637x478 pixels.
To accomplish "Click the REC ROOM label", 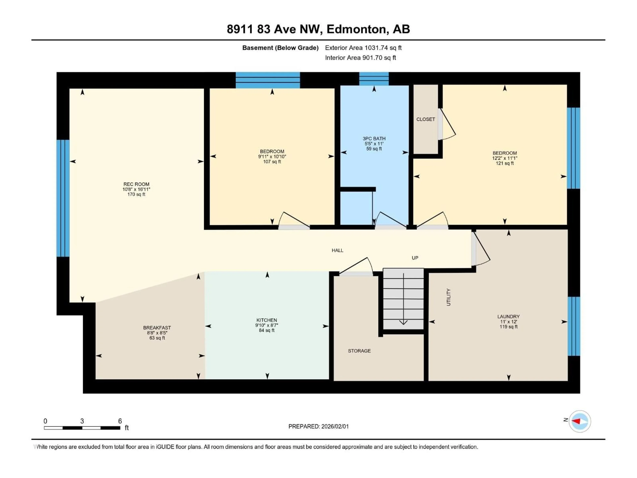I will pyautogui.click(x=136, y=184).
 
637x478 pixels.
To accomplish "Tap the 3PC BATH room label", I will pyautogui.click(x=374, y=139).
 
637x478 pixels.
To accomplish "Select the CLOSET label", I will pyautogui.click(x=425, y=119).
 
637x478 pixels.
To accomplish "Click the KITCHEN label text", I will pyautogui.click(x=267, y=320).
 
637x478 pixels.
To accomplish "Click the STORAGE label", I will pyautogui.click(x=359, y=351).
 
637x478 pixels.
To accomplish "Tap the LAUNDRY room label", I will pyautogui.click(x=508, y=316).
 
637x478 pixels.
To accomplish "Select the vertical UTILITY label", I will pyautogui.click(x=448, y=297).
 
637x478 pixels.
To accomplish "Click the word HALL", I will pyautogui.click(x=337, y=250).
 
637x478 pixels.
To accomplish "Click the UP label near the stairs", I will pyautogui.click(x=415, y=258).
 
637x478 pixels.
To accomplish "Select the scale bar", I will pyautogui.click(x=82, y=428).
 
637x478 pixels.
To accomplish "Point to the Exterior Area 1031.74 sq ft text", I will pyautogui.click(x=363, y=48).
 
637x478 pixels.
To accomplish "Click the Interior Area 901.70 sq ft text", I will pyautogui.click(x=360, y=58).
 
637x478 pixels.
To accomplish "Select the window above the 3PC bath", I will pyautogui.click(x=374, y=79).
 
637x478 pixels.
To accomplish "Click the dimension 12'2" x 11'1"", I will pyautogui.click(x=504, y=158).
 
